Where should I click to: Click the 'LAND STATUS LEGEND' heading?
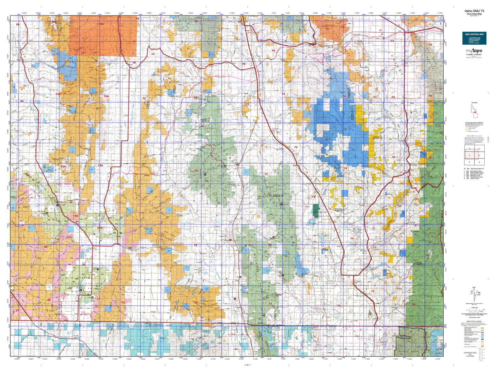click(x=474, y=321)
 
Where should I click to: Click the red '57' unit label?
click(x=17, y=310)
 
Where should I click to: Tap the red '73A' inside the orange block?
click(x=101, y=24)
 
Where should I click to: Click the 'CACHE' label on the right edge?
click(x=438, y=93)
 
